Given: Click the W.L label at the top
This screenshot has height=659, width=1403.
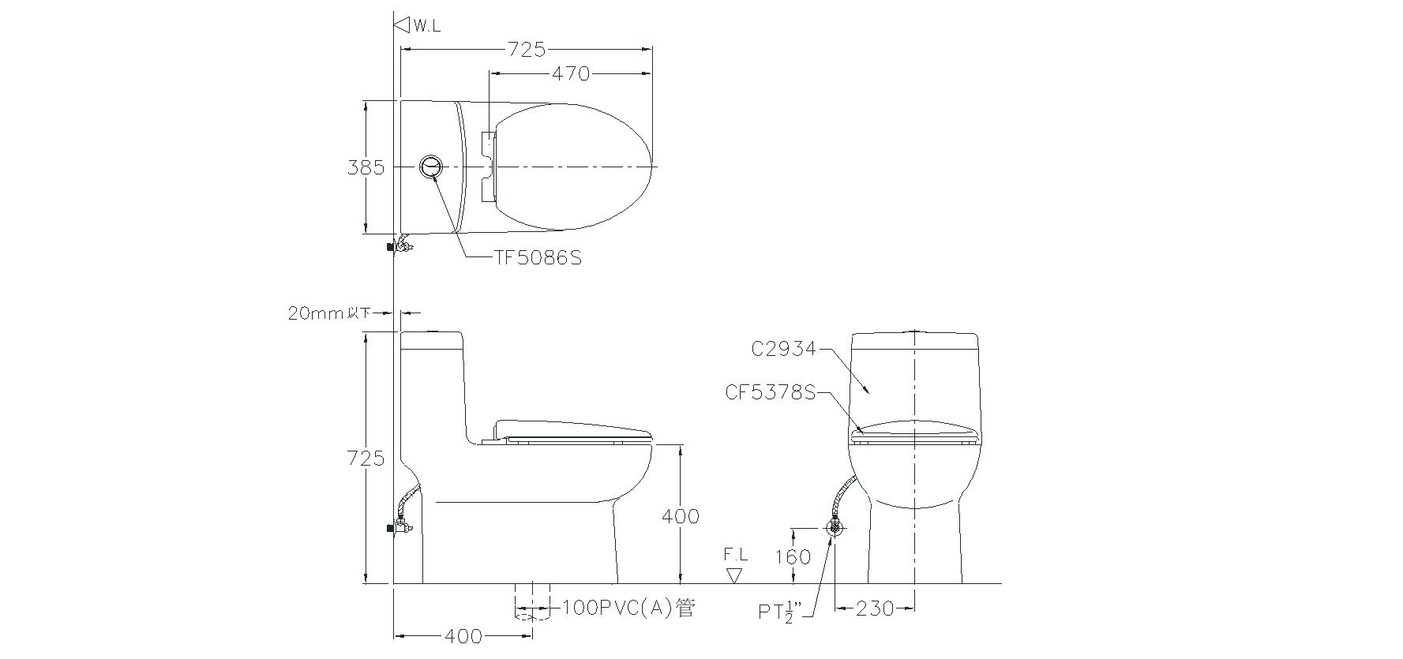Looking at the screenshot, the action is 426,26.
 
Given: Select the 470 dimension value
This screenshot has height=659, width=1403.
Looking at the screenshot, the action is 571,73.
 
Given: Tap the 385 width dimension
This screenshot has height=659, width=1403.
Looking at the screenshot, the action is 366,167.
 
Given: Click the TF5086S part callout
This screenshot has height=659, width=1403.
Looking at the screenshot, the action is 538,258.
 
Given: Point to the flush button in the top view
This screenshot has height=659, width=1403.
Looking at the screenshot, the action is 431,167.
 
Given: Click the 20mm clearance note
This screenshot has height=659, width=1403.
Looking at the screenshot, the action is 329,313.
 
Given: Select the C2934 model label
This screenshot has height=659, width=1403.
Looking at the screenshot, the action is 783,349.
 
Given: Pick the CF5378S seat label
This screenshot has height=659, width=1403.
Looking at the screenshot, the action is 770,391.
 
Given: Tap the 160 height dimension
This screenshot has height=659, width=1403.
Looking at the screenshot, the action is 792,557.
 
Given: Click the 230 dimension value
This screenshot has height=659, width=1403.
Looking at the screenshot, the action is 875,608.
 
